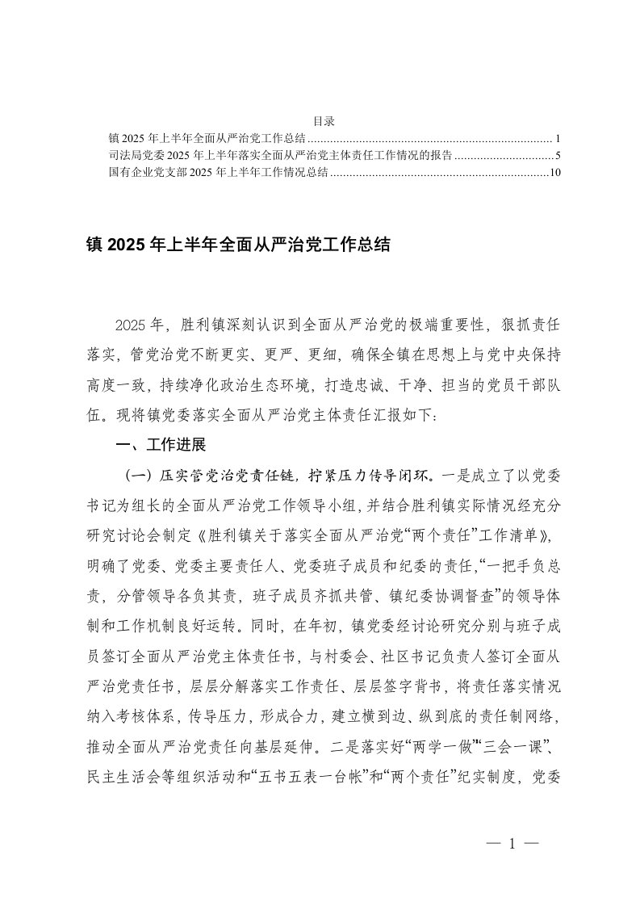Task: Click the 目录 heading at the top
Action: pos(323,122)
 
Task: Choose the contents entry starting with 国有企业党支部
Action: pos(218,173)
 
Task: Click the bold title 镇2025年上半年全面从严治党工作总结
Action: pos(237,245)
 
